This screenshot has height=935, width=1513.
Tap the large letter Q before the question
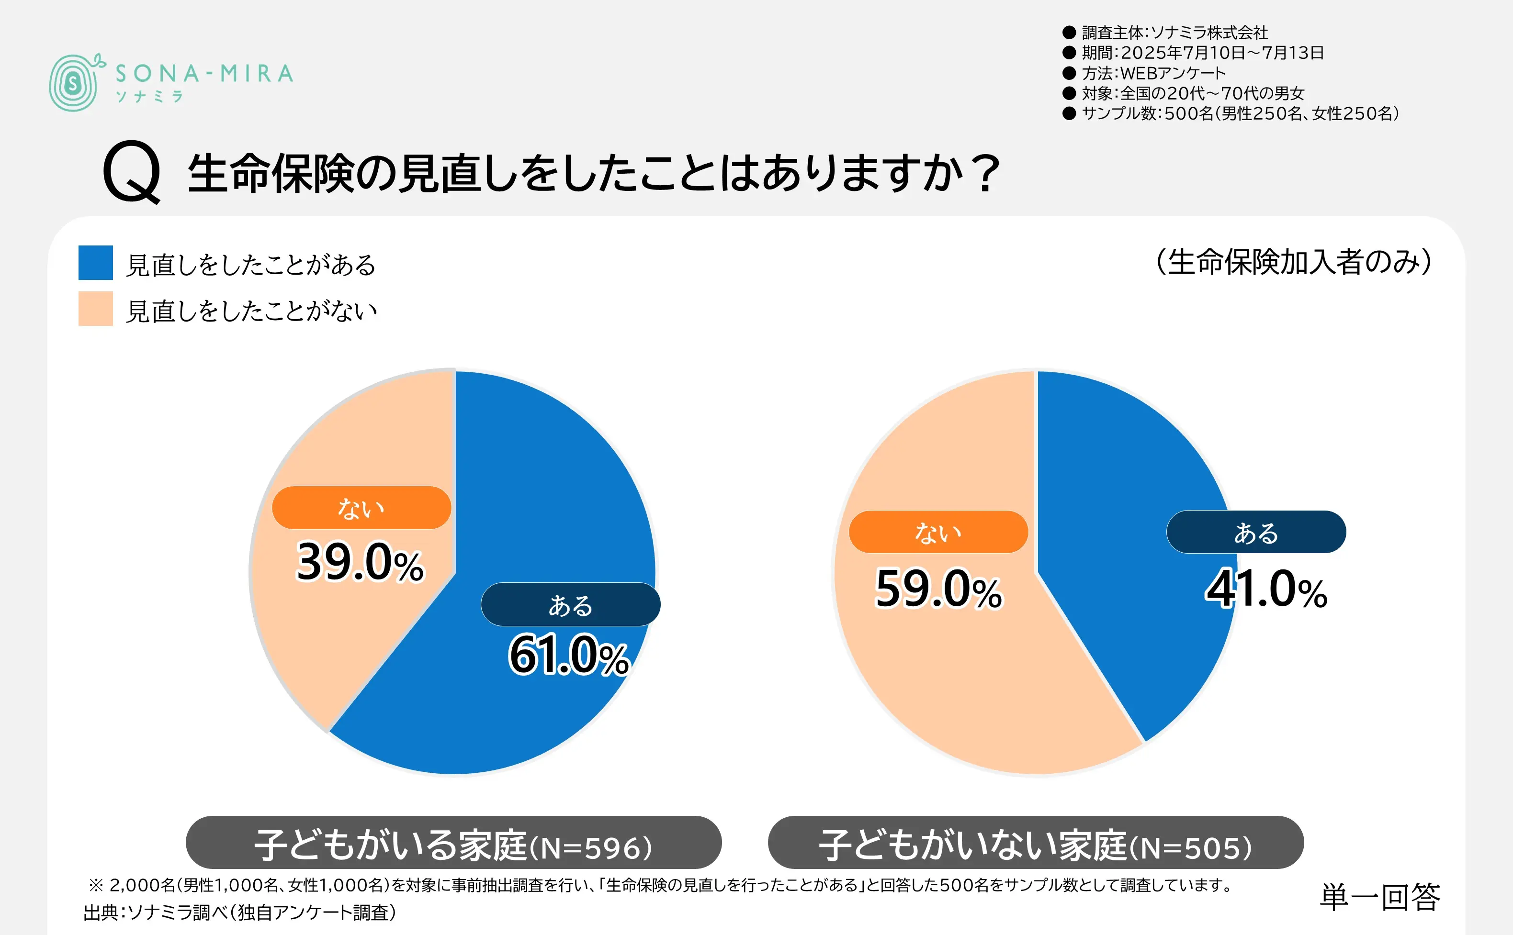(131, 172)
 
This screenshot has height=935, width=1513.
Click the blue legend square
(95, 263)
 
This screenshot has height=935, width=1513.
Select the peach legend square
(95, 309)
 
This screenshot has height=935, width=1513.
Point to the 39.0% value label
(360, 562)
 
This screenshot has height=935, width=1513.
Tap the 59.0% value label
(938, 590)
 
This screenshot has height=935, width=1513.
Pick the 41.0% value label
(1265, 590)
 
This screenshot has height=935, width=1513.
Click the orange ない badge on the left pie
(361, 508)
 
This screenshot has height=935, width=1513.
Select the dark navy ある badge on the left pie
(570, 605)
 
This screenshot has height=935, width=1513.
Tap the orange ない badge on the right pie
(938, 532)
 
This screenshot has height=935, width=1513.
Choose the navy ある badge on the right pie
(1256, 532)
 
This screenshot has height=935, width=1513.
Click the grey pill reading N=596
(453, 843)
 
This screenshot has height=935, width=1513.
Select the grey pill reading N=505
(1036, 843)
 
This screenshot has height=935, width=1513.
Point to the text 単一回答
(1379, 897)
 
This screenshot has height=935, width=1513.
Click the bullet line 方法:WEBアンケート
(1153, 73)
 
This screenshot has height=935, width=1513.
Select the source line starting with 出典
(240, 913)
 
